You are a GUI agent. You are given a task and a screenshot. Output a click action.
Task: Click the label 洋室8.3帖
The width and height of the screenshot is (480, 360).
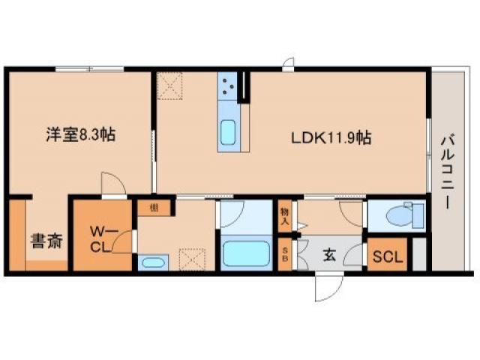click(x=79, y=136)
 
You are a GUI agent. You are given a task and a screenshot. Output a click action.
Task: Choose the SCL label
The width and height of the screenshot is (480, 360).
click(x=388, y=257)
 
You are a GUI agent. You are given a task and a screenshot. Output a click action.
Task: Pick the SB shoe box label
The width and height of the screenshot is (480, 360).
click(x=285, y=256)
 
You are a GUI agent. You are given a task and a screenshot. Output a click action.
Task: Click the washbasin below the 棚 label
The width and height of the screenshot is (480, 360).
click(x=153, y=262)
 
